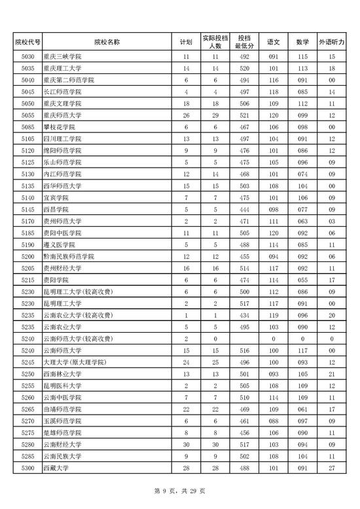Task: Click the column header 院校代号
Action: click(27, 42)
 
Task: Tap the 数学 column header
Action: click(302, 42)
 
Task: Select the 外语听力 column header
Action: click(332, 42)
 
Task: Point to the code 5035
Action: click(27, 69)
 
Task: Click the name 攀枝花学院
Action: click(61, 126)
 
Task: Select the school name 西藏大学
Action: click(57, 468)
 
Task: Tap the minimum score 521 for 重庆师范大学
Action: click(244, 115)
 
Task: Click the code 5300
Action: click(27, 468)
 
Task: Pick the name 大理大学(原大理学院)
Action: click(71, 362)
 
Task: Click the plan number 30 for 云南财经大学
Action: click(186, 445)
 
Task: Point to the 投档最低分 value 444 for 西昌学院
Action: click(244, 209)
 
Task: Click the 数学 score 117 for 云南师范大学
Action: click(302, 350)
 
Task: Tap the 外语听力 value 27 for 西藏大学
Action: click(332, 468)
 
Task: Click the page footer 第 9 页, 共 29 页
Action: click(179, 491)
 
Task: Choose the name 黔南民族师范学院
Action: click(69, 255)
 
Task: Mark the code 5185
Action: click(27, 233)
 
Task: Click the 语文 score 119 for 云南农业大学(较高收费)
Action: click(273, 315)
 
